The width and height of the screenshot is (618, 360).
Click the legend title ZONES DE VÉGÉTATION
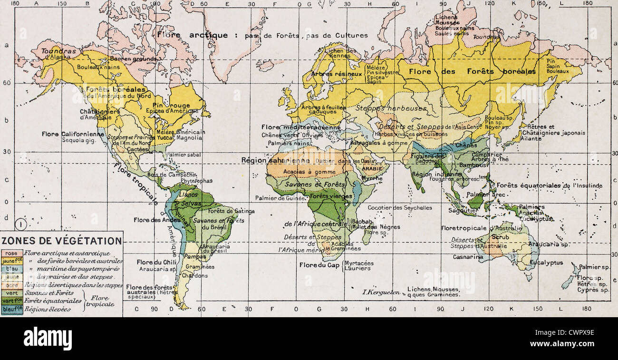click(62, 241)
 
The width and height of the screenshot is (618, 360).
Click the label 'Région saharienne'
click(269, 160)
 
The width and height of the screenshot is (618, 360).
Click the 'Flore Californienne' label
click(73, 134)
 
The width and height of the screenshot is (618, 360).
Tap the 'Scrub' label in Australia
click(501, 237)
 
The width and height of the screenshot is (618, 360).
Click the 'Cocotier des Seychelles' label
click(400, 207)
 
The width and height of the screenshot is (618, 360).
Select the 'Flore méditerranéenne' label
click(301, 127)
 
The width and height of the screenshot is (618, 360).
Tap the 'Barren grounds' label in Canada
click(140, 58)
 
